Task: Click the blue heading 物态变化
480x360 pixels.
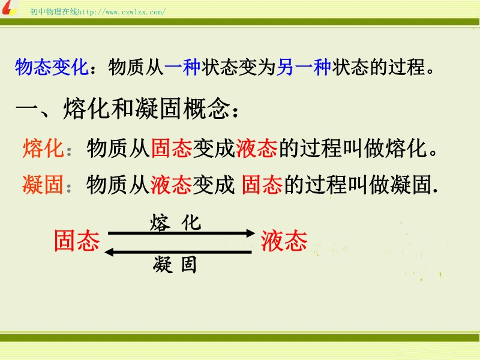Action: tap(52, 67)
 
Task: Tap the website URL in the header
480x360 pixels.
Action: tap(122, 12)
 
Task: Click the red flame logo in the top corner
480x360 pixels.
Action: tap(9, 8)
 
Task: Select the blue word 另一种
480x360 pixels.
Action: tap(304, 67)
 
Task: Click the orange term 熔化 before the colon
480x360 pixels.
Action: tap(43, 148)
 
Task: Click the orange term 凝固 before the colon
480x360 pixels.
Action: tap(43, 185)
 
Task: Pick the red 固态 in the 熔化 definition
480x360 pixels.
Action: tap(172, 148)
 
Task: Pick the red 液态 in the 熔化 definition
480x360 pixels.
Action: tap(257, 148)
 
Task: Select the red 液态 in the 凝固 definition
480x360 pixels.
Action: tap(171, 185)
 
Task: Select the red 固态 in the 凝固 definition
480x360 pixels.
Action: tap(262, 185)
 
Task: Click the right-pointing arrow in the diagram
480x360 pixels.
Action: tap(182, 233)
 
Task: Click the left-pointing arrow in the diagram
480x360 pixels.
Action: tap(178, 252)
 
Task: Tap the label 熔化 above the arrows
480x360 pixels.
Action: tap(175, 223)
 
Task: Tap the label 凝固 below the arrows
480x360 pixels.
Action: tap(175, 265)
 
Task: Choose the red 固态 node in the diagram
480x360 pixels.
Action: tap(77, 241)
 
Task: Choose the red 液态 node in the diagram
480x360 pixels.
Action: tap(284, 241)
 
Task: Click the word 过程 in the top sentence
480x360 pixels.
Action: tap(407, 67)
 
